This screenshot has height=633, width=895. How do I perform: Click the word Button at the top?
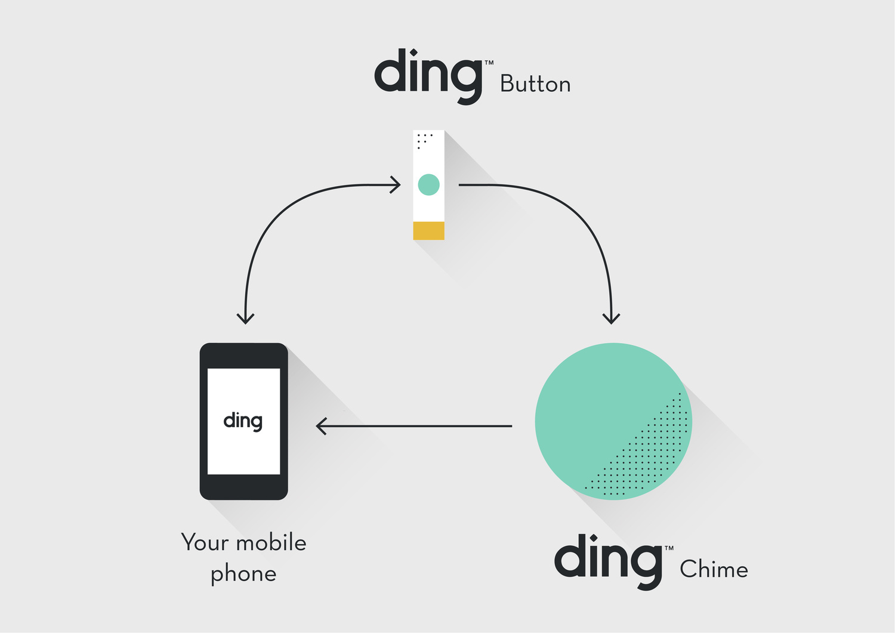(x=535, y=84)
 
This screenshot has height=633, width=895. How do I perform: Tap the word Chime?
(x=714, y=569)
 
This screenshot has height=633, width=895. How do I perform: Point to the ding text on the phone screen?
(x=243, y=421)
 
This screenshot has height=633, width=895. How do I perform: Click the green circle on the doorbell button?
(x=428, y=185)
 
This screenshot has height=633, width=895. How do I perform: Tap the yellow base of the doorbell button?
(x=428, y=231)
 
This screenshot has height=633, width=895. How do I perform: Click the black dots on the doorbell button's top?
(x=423, y=140)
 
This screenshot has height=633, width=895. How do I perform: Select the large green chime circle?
(x=597, y=406)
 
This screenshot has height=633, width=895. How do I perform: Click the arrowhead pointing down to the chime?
(x=611, y=317)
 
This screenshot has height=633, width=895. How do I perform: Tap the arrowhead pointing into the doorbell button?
(x=396, y=185)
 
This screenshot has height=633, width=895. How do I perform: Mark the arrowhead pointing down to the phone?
(x=245, y=317)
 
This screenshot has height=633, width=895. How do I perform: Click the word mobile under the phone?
(x=271, y=543)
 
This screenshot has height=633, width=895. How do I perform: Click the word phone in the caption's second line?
(x=243, y=574)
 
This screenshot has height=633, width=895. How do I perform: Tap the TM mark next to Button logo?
(x=489, y=62)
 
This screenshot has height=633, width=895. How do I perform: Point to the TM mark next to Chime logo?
(x=669, y=548)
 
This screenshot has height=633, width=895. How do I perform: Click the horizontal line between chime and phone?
(x=418, y=426)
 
